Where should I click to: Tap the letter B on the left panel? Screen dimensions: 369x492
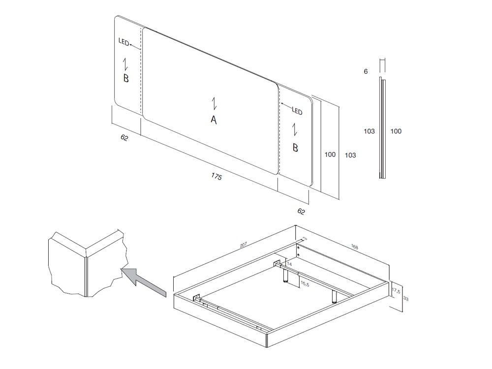point(126,78)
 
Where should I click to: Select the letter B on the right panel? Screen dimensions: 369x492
point(295,147)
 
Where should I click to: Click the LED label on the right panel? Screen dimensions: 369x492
point(297,111)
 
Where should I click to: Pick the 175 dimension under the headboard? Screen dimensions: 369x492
point(216,176)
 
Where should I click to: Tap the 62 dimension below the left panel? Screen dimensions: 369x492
point(124,138)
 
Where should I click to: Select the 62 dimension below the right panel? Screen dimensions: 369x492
point(301,212)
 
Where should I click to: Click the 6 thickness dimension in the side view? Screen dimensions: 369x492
point(366,71)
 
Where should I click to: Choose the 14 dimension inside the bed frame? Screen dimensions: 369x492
point(289,264)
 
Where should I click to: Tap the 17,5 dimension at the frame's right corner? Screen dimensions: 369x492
point(396,291)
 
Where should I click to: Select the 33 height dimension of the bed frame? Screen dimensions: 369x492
point(406,299)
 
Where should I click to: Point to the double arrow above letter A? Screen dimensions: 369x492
point(214,103)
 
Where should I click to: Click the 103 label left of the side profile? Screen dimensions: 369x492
point(369,131)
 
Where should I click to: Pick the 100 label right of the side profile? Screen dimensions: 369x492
point(396,131)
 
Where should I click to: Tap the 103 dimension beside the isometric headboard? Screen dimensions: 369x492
point(350,155)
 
